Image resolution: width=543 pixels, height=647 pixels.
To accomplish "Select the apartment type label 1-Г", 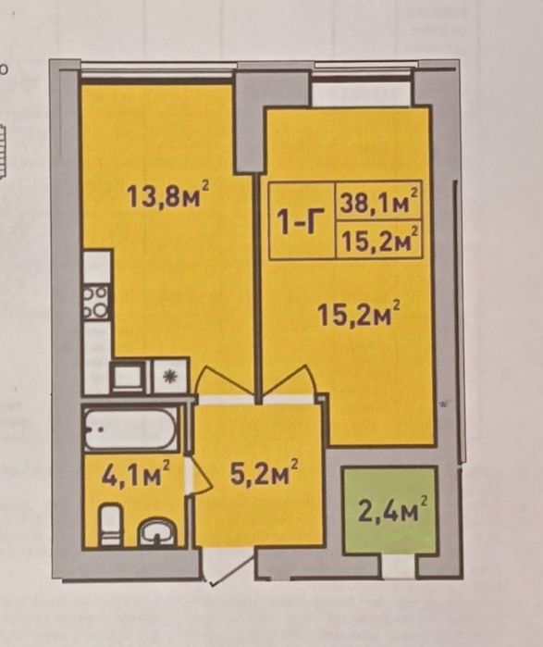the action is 300,222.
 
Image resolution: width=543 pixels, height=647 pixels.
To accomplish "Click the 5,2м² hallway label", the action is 265,474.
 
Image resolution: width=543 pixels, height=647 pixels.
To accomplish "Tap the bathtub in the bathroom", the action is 130,428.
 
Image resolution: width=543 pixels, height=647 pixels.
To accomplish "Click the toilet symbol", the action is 111,524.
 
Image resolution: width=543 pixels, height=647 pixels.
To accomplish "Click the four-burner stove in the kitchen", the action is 96,302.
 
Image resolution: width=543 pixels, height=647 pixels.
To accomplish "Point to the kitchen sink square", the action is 129,376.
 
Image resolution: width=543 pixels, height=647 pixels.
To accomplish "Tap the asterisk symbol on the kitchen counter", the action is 168,377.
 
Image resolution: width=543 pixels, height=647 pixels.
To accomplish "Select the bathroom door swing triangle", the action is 199,476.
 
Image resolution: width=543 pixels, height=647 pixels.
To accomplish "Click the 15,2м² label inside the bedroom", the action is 359,317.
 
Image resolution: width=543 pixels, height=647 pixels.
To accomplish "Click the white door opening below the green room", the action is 399,566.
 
